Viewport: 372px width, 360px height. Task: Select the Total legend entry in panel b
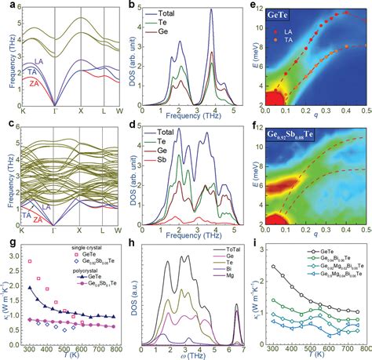point(162,15)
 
